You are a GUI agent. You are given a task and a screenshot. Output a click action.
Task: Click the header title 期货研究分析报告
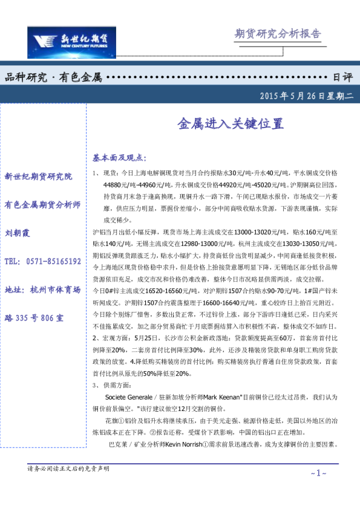[277, 34]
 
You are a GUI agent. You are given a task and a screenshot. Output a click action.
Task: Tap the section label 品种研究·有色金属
[53, 78]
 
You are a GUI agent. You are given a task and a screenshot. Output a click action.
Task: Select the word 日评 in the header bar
[342, 78]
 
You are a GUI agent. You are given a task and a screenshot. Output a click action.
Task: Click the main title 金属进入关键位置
[230, 124]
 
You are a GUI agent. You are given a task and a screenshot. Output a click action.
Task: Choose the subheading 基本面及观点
[119, 158]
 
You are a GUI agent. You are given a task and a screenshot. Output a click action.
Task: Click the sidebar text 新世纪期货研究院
[38, 177]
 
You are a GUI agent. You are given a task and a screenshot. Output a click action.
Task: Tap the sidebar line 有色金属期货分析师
[42, 205]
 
